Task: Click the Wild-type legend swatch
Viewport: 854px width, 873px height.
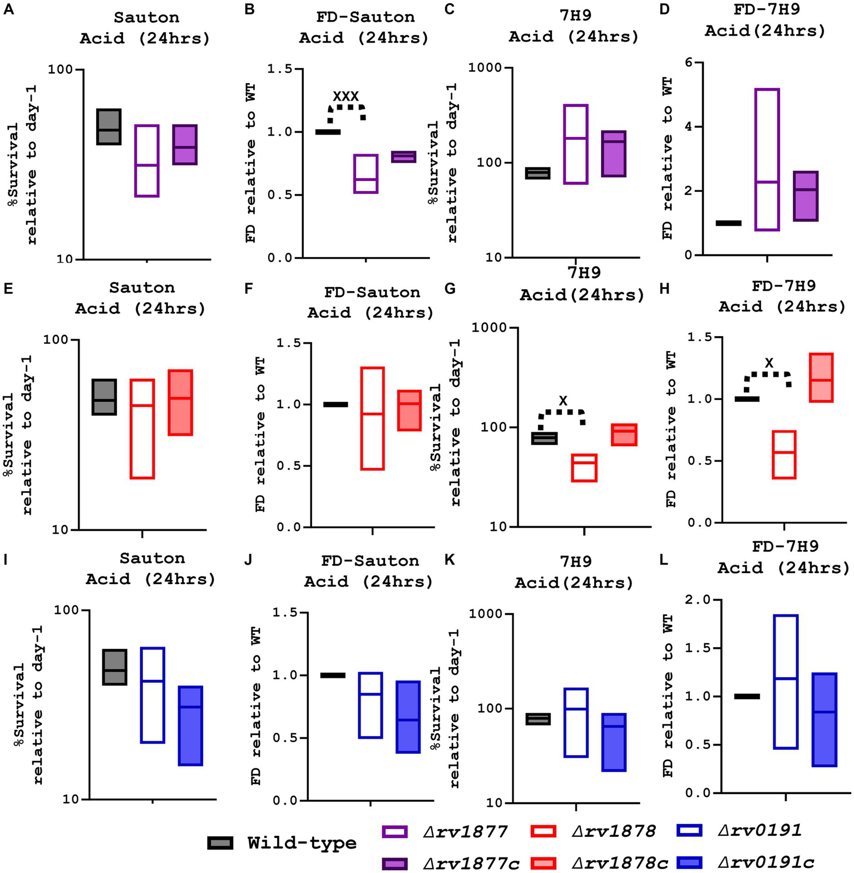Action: click(220, 842)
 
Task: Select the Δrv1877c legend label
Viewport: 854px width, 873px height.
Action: click(471, 863)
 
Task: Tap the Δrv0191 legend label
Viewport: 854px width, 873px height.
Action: click(759, 831)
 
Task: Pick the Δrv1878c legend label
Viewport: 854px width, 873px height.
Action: click(620, 863)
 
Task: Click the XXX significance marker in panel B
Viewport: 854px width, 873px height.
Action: click(345, 96)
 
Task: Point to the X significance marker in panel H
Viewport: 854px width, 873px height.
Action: click(769, 363)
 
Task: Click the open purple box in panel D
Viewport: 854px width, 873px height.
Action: click(767, 159)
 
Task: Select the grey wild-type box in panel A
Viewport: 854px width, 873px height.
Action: click(109, 127)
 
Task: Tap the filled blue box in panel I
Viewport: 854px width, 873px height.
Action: click(190, 726)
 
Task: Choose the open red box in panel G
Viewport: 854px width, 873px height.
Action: click(584, 467)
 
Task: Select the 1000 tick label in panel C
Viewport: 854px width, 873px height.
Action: click(486, 68)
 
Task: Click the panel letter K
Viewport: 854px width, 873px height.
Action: click(449, 559)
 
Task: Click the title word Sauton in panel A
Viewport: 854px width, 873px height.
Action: click(146, 17)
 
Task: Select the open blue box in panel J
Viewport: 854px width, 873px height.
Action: click(370, 705)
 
